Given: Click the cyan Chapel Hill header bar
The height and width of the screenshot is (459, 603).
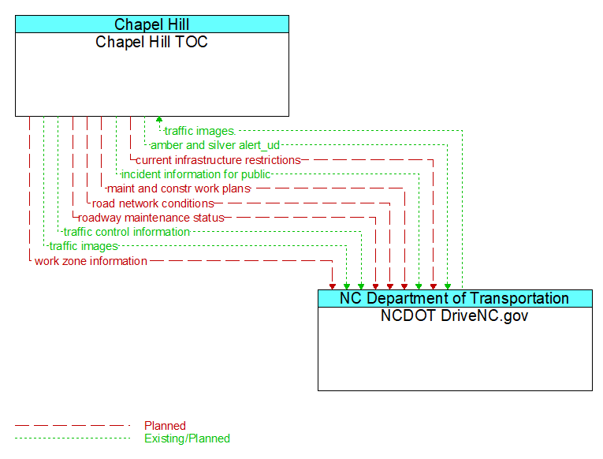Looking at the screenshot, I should [152, 24].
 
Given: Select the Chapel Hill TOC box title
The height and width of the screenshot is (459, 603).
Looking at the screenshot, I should [152, 43].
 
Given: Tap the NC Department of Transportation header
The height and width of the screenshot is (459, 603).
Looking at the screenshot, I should [455, 298].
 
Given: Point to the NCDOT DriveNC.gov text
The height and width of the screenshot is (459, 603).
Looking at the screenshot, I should [455, 316].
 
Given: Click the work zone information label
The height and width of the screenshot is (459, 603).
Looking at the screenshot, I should [91, 261].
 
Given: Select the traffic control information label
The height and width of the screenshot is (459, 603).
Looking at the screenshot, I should [126, 232].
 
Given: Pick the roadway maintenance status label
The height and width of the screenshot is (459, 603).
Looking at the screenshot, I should [151, 218].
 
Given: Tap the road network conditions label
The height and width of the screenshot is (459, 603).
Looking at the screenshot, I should [153, 203].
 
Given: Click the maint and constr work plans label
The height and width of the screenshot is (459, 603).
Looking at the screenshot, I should [178, 188].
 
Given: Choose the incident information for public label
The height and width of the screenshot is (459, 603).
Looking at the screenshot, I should [195, 174].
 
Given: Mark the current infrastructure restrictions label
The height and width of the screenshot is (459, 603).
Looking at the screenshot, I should [218, 160].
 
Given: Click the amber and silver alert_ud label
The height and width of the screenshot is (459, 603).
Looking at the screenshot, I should [215, 145].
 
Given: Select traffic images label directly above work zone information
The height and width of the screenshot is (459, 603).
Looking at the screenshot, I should [83, 247].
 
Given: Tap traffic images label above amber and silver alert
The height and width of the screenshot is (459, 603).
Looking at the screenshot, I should [199, 131].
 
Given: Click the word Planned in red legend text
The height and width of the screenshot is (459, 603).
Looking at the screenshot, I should [165, 426].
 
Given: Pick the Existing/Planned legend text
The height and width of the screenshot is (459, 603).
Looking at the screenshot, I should [187, 438].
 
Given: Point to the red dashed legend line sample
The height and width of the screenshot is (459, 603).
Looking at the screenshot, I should [72, 426].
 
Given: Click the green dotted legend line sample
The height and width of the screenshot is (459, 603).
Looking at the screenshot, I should [72, 438].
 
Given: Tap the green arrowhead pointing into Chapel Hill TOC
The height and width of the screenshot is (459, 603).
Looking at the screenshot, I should [159, 120].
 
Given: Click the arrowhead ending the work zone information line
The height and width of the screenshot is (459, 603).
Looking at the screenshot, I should [333, 285].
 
